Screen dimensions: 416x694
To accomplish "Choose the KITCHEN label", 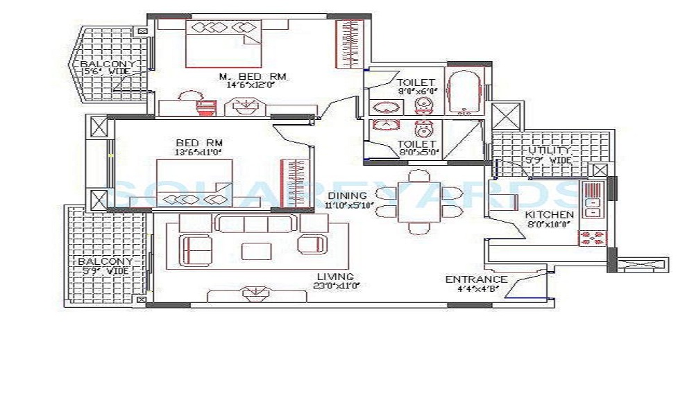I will (549, 215).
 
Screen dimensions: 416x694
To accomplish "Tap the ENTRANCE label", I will (476, 279).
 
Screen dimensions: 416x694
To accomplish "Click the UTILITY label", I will (550, 150).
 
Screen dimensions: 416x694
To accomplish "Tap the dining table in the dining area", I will (418, 201).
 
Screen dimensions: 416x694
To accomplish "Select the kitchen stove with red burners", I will (592, 238).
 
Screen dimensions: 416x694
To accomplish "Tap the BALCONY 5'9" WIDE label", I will (104, 266).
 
